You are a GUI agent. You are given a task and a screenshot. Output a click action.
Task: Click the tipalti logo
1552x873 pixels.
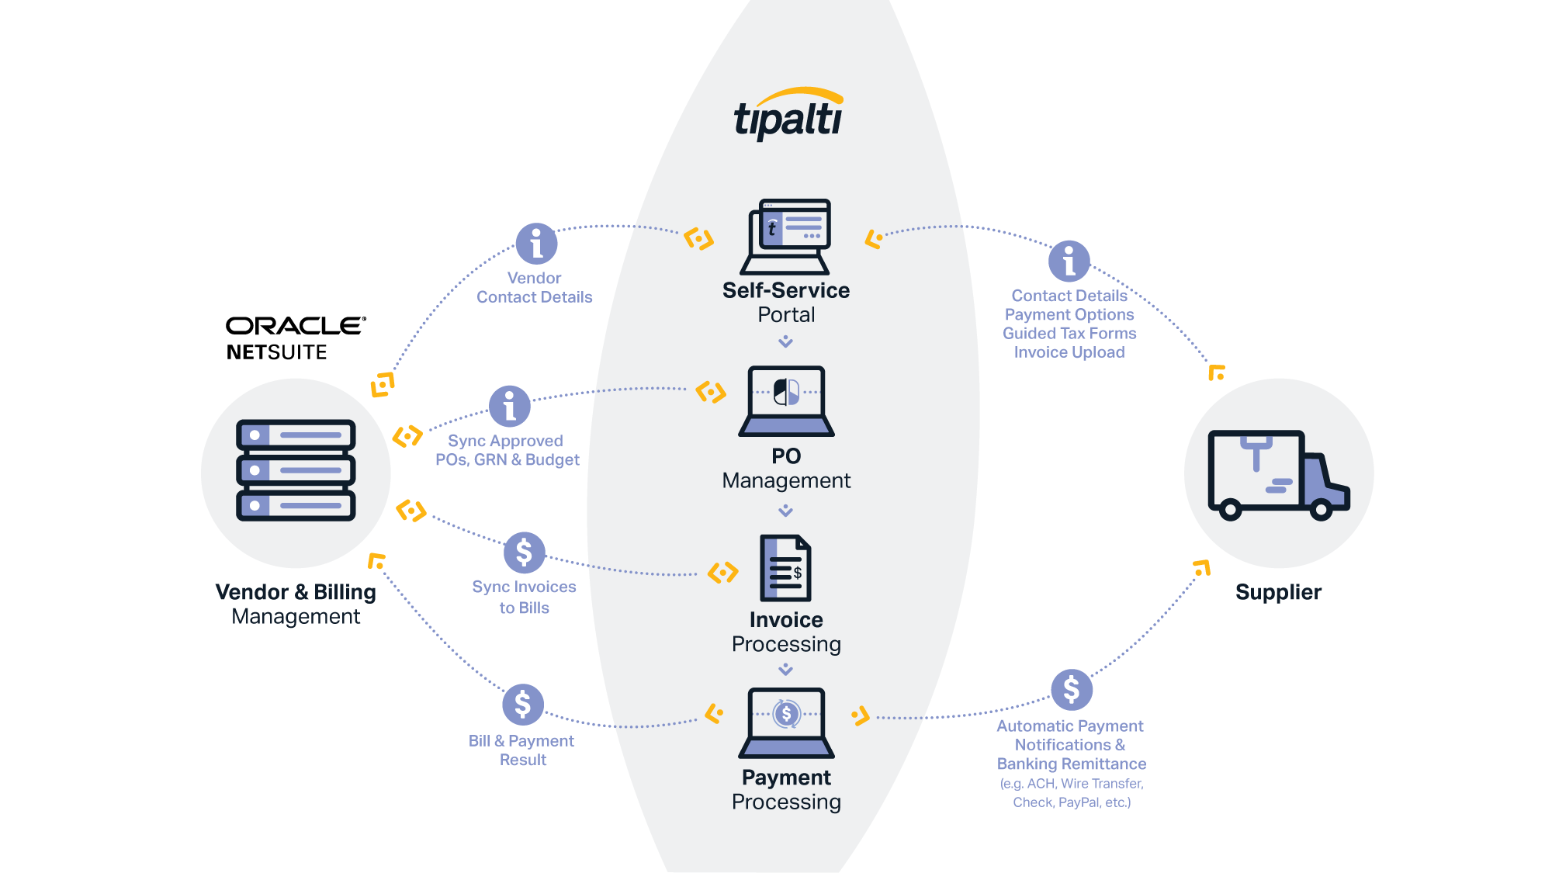(788, 115)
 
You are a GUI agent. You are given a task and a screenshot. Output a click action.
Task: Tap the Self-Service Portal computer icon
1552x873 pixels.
(786, 236)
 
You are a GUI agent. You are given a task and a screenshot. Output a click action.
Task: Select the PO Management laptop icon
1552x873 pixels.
(786, 400)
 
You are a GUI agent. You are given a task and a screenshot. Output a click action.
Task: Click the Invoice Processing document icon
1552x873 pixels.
(785, 568)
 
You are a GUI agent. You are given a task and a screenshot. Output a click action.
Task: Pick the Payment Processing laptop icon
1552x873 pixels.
(786, 722)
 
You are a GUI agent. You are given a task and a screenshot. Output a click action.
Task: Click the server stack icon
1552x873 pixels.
(296, 470)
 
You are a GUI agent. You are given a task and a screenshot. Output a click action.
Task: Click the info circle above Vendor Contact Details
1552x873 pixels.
(536, 244)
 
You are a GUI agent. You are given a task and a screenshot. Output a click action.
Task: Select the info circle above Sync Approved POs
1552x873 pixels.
(510, 406)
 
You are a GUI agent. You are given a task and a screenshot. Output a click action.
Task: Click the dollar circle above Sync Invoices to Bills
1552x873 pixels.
(524, 553)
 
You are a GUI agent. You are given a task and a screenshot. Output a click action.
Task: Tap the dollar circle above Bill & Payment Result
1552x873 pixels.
(522, 704)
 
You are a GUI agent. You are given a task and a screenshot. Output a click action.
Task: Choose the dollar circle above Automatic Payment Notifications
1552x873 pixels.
(1071, 689)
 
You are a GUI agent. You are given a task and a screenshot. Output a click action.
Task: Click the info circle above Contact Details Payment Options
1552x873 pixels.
(1069, 261)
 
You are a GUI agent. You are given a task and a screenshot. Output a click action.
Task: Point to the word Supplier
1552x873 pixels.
(1278, 592)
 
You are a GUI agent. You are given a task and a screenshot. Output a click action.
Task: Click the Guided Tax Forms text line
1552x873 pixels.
(1069, 334)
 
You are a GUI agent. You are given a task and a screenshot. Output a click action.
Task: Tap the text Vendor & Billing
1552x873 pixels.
(296, 592)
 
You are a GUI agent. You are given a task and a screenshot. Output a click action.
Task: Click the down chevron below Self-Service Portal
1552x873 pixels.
(785, 341)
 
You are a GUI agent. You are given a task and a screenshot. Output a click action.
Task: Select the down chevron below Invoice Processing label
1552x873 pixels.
(785, 669)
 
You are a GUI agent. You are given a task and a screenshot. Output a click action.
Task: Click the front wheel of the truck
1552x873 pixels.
(1321, 510)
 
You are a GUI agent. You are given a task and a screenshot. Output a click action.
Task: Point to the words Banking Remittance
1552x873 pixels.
(1071, 764)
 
